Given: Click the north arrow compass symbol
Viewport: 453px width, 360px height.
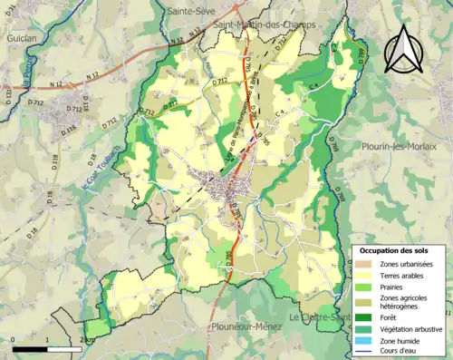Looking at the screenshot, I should (402, 49).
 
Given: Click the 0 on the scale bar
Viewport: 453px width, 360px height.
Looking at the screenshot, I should (14, 339).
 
